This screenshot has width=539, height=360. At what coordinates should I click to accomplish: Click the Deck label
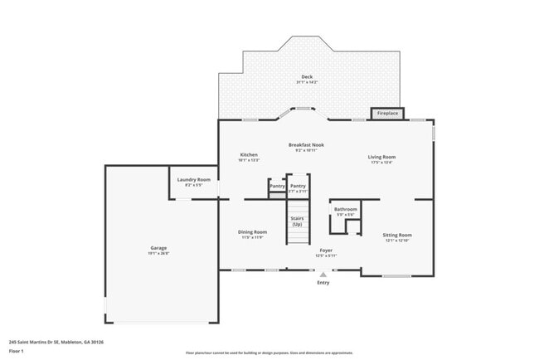[307, 77]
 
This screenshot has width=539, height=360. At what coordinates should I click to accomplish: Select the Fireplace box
[386, 113]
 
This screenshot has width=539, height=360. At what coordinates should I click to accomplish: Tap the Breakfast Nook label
[306, 145]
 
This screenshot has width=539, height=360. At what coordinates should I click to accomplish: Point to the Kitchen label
[249, 155]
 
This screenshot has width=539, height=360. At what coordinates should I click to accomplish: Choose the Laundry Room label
[194, 179]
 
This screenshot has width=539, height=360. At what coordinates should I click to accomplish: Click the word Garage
[159, 248]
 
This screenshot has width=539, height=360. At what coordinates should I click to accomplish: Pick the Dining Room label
[253, 231]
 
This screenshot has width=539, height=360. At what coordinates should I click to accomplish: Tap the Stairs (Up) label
[297, 221]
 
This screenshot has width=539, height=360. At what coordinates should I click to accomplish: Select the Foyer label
[326, 250]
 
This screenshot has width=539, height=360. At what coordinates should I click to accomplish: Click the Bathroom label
[346, 209]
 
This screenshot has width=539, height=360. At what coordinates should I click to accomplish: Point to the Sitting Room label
[397, 235]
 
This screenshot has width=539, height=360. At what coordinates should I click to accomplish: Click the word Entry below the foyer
[323, 283]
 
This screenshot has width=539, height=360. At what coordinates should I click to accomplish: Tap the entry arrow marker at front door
[323, 275]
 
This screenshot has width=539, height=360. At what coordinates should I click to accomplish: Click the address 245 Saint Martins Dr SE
[56, 341]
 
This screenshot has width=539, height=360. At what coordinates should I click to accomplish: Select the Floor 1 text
[17, 351]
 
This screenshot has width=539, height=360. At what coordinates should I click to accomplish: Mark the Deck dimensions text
[307, 82]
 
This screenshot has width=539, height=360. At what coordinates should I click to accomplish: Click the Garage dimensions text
[159, 253]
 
